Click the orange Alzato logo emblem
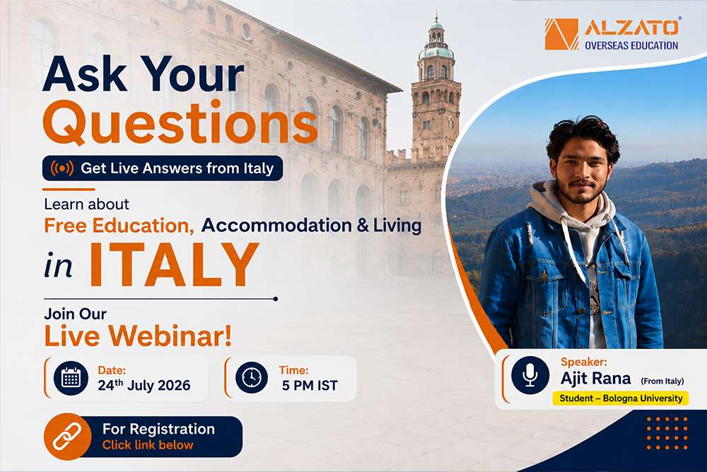(x=561, y=34)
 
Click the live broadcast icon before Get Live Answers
(x=62, y=168)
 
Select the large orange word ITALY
(x=174, y=265)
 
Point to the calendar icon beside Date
(x=71, y=378)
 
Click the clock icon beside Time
(x=252, y=377)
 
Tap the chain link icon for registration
(x=67, y=437)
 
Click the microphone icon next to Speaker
(x=530, y=375)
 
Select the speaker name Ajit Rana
(x=595, y=378)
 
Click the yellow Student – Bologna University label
(x=621, y=398)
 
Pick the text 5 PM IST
(x=310, y=386)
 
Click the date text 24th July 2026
(x=144, y=385)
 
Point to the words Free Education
(x=119, y=226)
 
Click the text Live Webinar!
(x=138, y=336)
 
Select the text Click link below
(x=148, y=445)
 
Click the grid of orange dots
(x=667, y=433)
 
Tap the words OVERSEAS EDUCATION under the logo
(x=631, y=45)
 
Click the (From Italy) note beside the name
(x=662, y=381)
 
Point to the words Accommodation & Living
(x=312, y=225)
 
